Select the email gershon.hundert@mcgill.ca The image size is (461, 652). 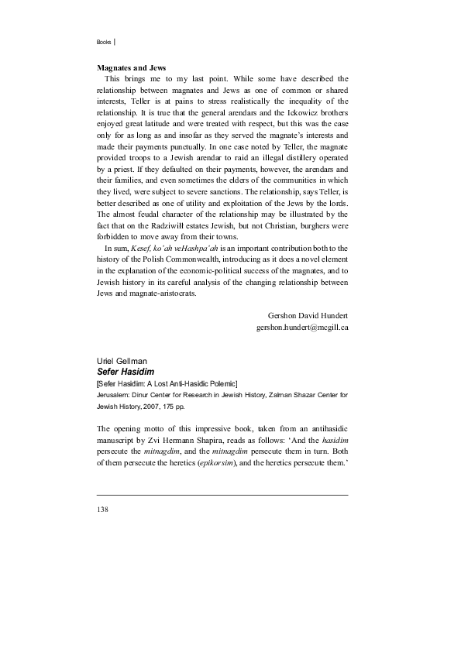click(302, 328)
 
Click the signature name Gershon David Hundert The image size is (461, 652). click(308, 316)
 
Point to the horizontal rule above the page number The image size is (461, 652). click(222, 494)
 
